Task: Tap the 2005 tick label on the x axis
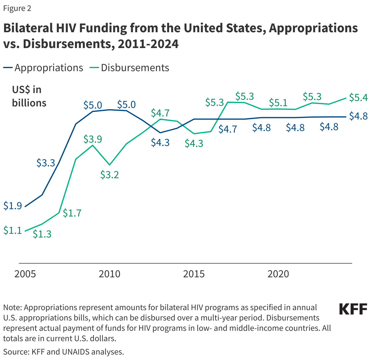(x=25, y=274)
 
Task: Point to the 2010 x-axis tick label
(x=109, y=274)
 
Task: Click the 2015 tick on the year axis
(x=194, y=274)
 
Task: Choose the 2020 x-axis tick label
(x=278, y=274)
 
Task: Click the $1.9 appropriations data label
(x=13, y=206)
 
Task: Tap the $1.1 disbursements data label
(x=13, y=230)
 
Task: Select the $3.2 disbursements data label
(x=110, y=175)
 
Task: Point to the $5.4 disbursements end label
(x=359, y=98)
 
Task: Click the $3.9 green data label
(x=93, y=139)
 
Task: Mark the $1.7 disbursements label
(x=72, y=213)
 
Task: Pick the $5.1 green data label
(x=278, y=103)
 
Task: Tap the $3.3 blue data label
(x=46, y=163)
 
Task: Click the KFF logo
(x=353, y=309)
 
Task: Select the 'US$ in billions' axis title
(x=29, y=96)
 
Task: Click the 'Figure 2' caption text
(x=17, y=9)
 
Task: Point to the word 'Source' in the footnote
(x=15, y=352)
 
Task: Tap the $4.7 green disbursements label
(x=160, y=113)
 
